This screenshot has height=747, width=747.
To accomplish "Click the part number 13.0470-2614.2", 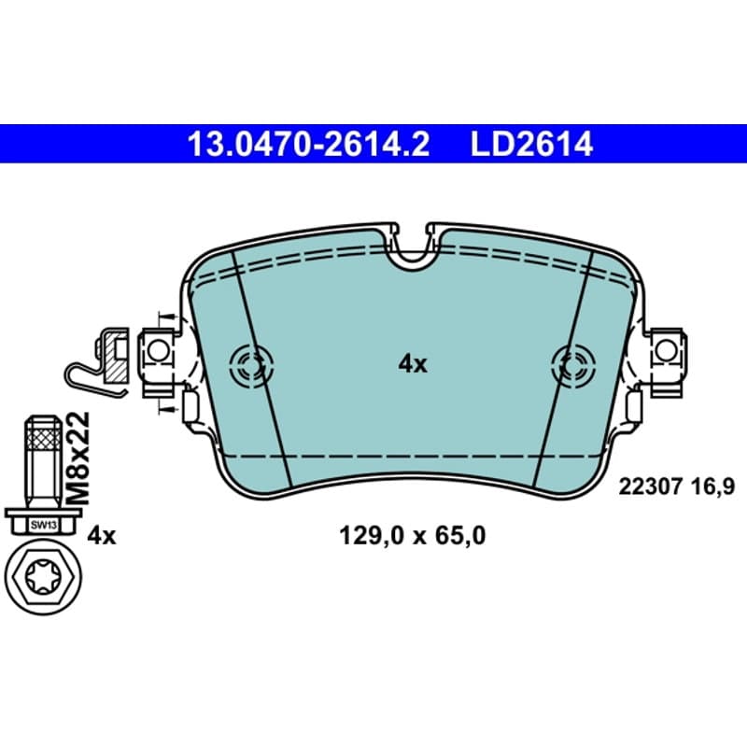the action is click(308, 145).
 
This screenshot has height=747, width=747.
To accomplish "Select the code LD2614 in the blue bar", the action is click(531, 145).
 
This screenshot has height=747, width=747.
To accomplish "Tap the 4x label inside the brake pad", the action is click(413, 365).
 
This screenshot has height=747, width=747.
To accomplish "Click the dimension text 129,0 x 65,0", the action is click(413, 536).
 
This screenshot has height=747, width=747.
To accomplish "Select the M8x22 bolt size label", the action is click(78, 458).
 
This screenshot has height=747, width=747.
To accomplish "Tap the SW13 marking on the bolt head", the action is click(43, 526).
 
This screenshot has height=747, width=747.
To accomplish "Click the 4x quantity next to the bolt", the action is click(102, 537).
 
